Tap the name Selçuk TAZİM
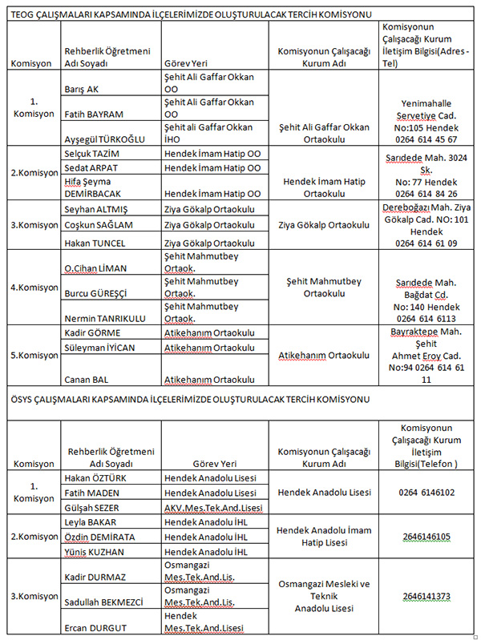click(x=91, y=153)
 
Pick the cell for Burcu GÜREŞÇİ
click(x=95, y=293)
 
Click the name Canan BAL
click(x=83, y=379)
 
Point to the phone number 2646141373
click(x=426, y=595)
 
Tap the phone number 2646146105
click(x=426, y=536)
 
